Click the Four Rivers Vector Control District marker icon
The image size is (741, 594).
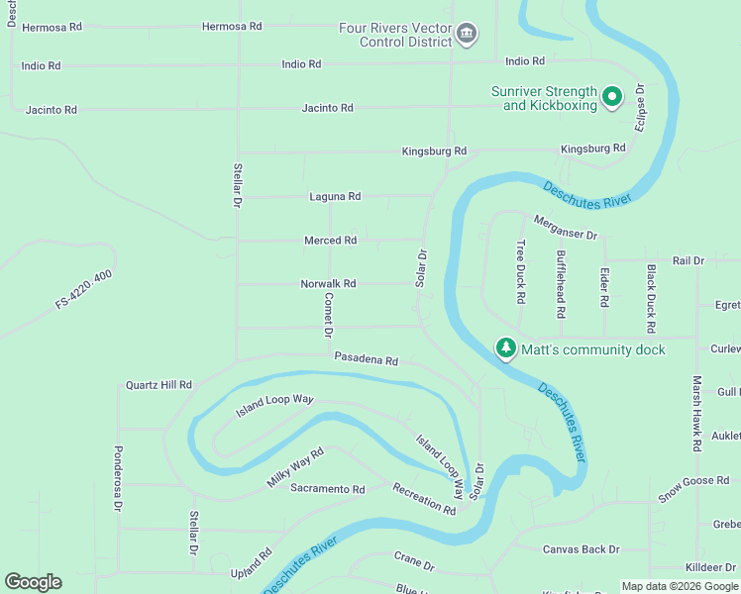(x=466, y=36)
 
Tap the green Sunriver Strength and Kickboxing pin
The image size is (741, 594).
(x=612, y=97)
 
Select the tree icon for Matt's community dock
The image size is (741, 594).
(x=506, y=348)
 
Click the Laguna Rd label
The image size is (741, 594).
(x=334, y=197)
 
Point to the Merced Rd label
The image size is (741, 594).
(x=330, y=241)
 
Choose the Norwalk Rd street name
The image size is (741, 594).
(x=328, y=284)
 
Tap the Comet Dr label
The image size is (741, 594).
(x=328, y=312)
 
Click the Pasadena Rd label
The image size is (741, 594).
(x=366, y=360)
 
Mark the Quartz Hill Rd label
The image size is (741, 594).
(x=159, y=385)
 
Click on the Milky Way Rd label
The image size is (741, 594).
(x=295, y=467)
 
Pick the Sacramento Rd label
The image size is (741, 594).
(x=328, y=489)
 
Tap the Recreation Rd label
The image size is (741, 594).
(x=423, y=499)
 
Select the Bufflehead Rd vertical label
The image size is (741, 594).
(x=561, y=283)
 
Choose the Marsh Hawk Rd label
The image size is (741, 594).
(x=697, y=414)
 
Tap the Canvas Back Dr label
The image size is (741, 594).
(x=581, y=549)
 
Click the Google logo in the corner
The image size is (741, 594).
(x=33, y=582)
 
